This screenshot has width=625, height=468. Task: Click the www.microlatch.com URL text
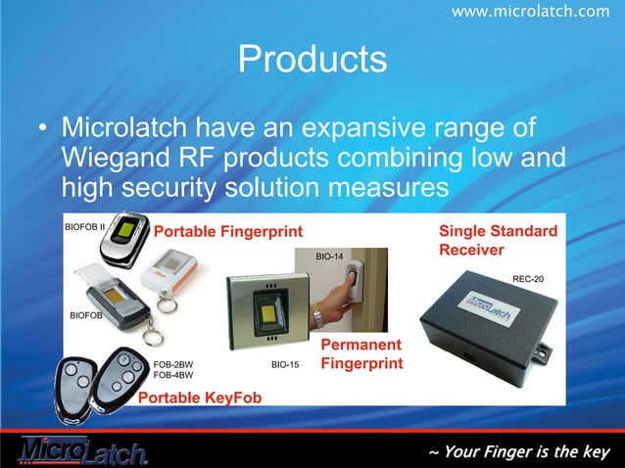530,11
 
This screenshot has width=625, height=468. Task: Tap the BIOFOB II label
84,226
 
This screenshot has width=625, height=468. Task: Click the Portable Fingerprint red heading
228,230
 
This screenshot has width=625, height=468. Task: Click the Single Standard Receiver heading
498,240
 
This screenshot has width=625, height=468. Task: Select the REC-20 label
528,279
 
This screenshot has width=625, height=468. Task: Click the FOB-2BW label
173,364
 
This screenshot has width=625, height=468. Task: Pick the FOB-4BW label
173,375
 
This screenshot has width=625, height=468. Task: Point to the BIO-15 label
284,364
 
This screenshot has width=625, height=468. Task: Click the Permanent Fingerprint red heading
361,353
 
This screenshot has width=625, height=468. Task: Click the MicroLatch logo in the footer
82,449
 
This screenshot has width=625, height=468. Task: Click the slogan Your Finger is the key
519,451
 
